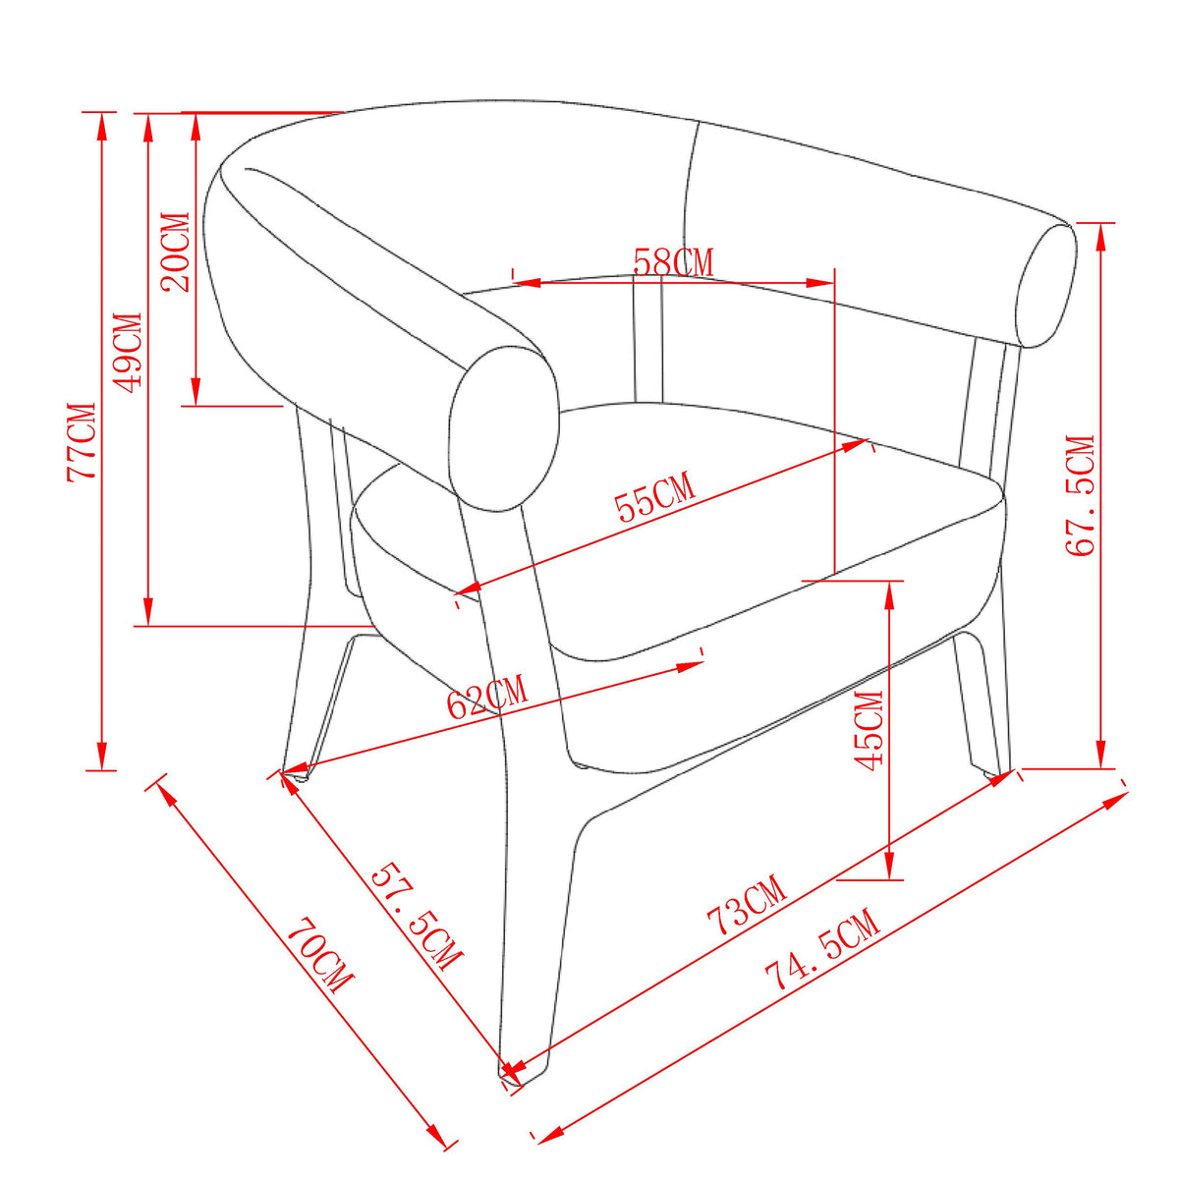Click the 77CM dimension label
(82, 442)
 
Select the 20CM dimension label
(175, 252)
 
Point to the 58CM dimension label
(673, 262)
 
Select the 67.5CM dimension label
(1080, 495)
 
